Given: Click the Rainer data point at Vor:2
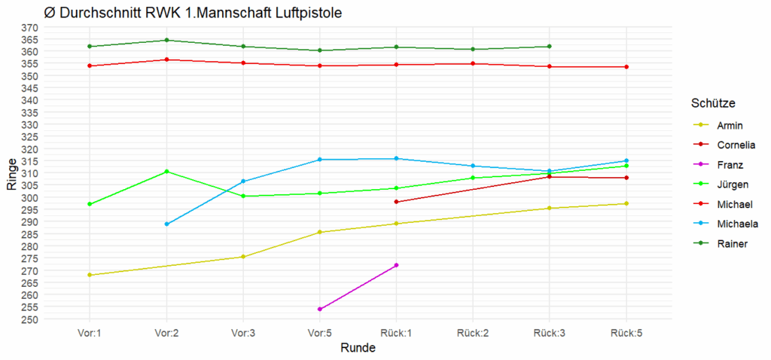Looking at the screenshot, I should click(166, 40).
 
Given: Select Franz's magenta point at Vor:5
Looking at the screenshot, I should click(320, 309).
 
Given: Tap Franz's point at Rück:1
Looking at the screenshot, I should click(396, 265).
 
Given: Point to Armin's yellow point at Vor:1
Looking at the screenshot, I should click(90, 275).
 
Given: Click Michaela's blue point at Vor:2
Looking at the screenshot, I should click(166, 224).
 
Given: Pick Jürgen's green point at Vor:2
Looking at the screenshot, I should click(166, 171).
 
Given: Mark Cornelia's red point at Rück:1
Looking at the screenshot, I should click(396, 202).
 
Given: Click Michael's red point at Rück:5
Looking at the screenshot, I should click(626, 67).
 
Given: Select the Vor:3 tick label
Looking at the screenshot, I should click(242, 332).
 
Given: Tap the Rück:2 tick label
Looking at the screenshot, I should click(473, 332).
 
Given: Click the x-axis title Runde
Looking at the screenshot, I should click(358, 348).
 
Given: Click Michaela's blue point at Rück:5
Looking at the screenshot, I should click(626, 160).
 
